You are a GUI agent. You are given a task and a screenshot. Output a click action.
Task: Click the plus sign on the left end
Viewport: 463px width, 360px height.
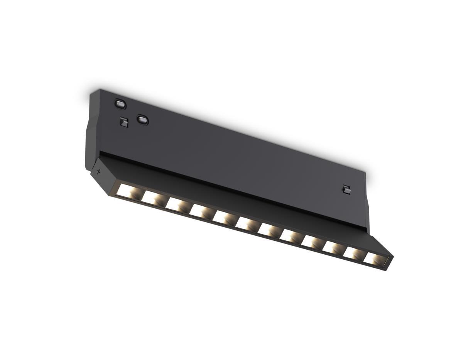[98, 171]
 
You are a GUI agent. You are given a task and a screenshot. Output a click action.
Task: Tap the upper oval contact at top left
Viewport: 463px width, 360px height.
[120, 103]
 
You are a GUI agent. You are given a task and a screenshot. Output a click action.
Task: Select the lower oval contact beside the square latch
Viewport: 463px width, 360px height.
[142, 120]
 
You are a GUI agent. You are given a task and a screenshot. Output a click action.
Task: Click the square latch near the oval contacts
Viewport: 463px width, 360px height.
[123, 122]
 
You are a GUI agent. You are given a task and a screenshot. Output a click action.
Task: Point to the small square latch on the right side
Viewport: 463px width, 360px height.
[346, 189]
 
